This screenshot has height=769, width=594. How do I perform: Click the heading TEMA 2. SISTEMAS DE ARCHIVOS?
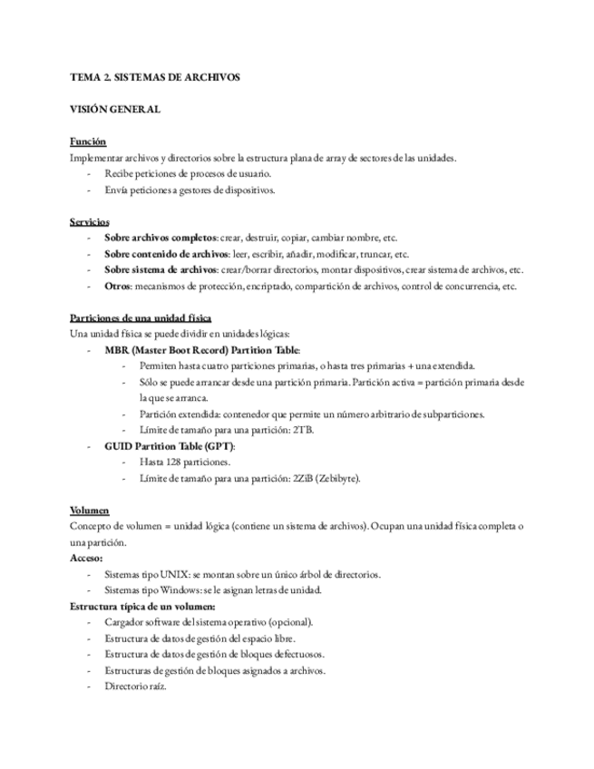point(155,78)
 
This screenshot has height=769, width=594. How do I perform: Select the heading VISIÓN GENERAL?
point(115,110)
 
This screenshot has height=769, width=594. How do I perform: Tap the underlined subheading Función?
point(88,141)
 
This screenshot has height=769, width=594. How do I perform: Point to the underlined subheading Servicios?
point(90,221)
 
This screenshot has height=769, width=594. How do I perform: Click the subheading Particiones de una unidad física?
point(141,318)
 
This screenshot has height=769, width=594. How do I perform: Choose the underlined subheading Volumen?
point(90,511)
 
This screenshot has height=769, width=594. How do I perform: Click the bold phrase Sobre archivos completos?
point(161,238)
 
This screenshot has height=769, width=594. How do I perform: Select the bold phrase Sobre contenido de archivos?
point(167,254)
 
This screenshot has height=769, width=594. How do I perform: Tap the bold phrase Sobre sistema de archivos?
point(162,270)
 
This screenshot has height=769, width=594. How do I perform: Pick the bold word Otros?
point(118,287)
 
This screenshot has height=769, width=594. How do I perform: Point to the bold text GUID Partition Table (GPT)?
point(170,446)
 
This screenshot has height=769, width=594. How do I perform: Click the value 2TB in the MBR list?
point(304,430)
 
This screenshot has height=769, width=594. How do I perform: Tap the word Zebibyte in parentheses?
point(336,479)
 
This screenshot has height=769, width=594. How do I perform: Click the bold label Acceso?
point(86,559)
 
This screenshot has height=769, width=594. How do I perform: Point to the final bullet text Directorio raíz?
point(135,686)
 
